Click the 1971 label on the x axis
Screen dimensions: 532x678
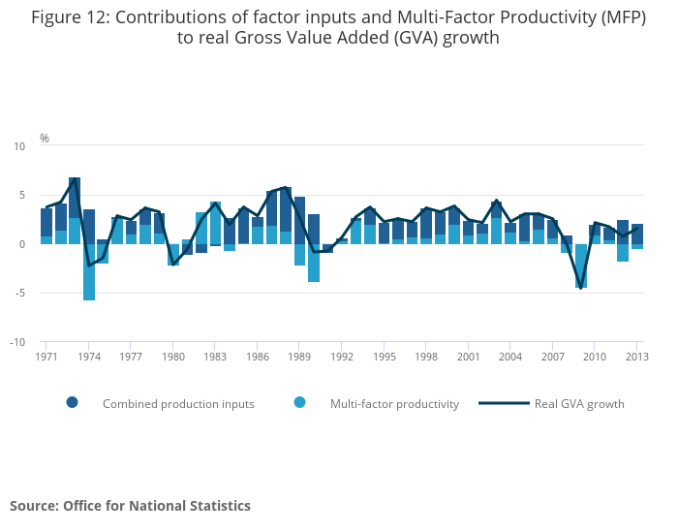pyautogui.click(x=46, y=357)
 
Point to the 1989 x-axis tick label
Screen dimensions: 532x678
pyautogui.click(x=299, y=357)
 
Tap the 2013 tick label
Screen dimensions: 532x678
pyautogui.click(x=637, y=357)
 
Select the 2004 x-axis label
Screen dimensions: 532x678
pyautogui.click(x=510, y=357)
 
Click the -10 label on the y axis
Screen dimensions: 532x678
pyautogui.click(x=19, y=342)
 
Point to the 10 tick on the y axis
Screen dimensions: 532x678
pyautogui.click(x=20, y=146)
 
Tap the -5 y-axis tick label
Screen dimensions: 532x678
pyautogui.click(x=21, y=293)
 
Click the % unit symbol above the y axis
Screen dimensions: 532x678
pyautogui.click(x=45, y=139)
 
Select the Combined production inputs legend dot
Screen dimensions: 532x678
pyautogui.click(x=72, y=403)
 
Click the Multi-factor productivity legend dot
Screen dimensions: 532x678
pyautogui.click(x=299, y=403)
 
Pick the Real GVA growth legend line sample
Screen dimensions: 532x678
pyautogui.click(x=505, y=403)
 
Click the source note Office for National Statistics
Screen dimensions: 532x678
pyautogui.click(x=157, y=506)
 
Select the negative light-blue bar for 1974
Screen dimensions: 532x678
pyautogui.click(x=89, y=272)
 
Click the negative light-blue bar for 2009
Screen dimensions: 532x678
pyautogui.click(x=581, y=266)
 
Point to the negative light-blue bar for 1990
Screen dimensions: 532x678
pyautogui.click(x=314, y=263)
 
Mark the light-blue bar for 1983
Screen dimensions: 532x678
pyautogui.click(x=215, y=223)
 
